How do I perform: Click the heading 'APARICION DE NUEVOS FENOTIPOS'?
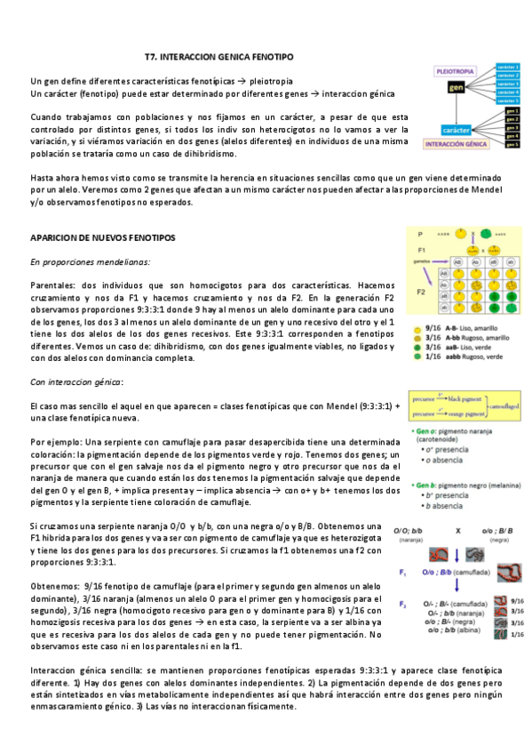pyautogui.click(x=103, y=238)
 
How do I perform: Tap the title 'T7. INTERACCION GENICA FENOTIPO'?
pyautogui.click(x=218, y=57)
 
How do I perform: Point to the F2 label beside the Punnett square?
pyautogui.click(x=424, y=291)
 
